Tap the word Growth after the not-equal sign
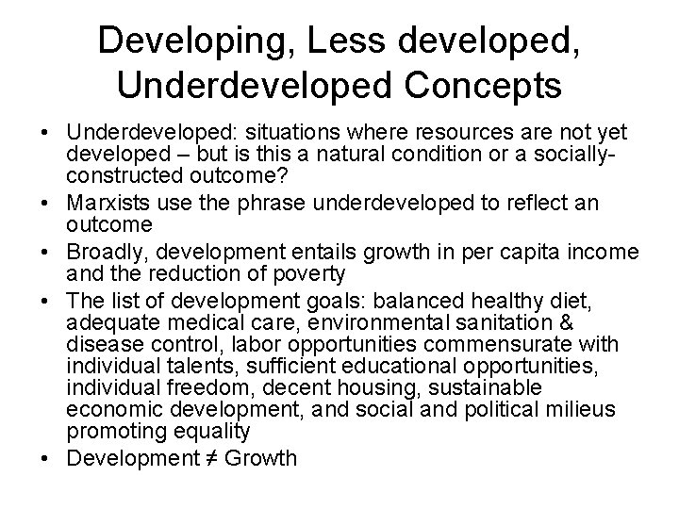click(x=268, y=459)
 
